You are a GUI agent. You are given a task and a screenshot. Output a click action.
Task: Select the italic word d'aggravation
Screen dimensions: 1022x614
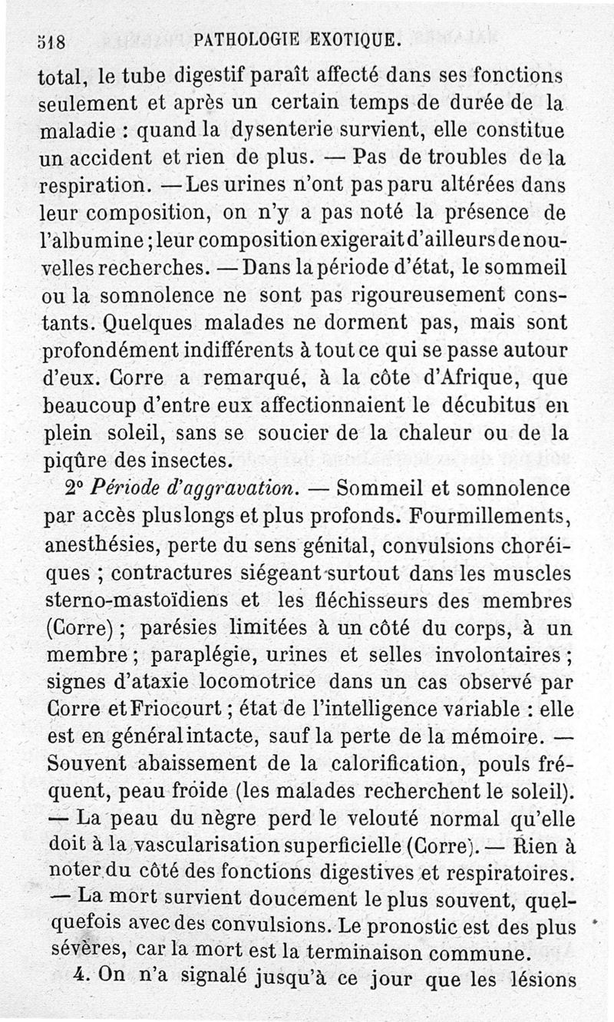click(239, 488)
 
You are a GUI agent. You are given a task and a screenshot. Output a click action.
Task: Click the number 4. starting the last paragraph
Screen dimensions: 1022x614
click(86, 981)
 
